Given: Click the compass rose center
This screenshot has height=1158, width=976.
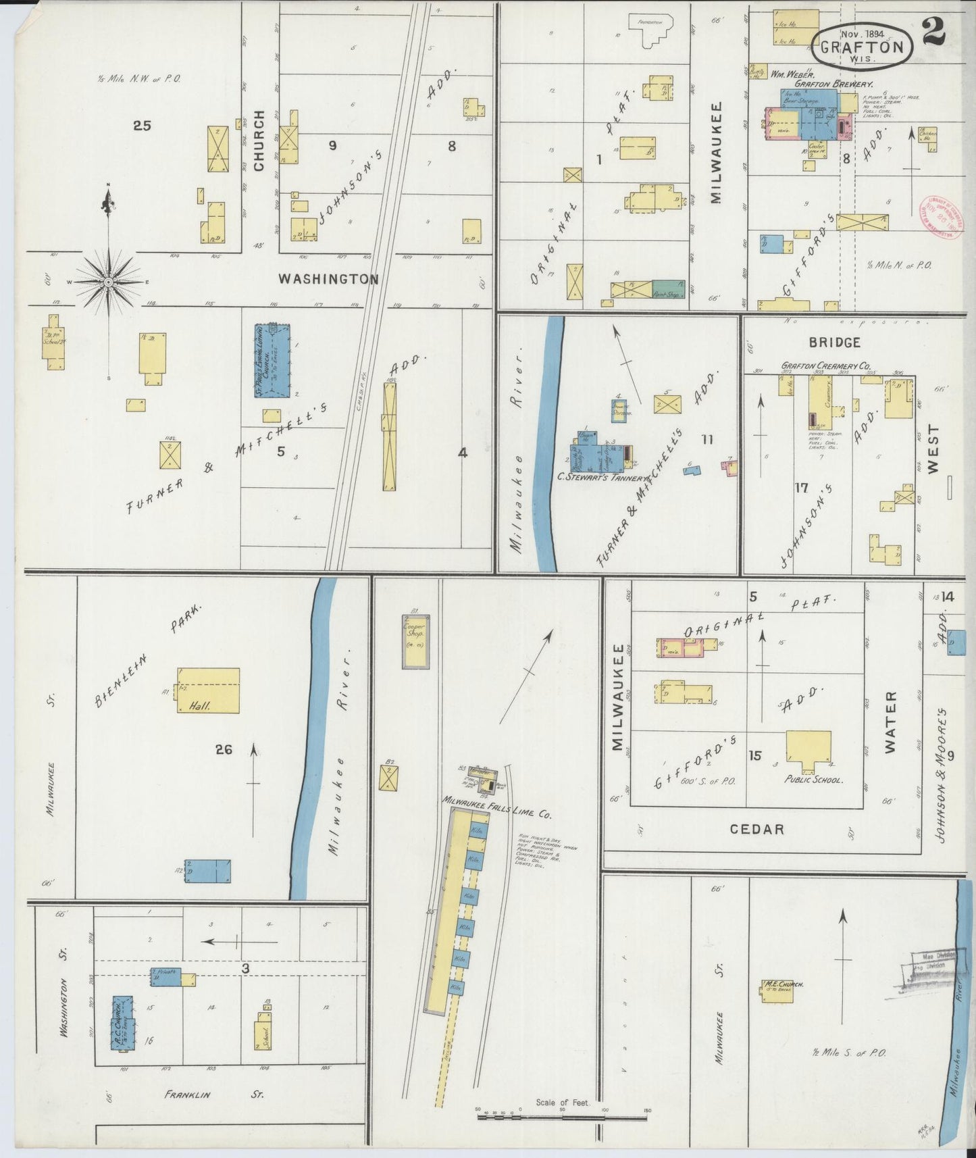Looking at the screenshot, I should [108, 280].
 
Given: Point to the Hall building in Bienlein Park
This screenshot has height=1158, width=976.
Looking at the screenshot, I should [209, 690].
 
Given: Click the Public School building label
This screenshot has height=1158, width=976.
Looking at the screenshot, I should [813, 779].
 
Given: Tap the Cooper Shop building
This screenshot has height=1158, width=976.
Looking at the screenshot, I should [415, 640].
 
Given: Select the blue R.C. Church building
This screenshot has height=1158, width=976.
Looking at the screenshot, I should [124, 1022].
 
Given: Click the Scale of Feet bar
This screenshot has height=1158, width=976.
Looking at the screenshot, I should [562, 1117].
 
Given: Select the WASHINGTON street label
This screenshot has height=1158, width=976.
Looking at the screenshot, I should [328, 278].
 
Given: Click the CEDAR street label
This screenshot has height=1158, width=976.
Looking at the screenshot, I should [757, 829].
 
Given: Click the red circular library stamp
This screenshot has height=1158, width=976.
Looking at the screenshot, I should [943, 218].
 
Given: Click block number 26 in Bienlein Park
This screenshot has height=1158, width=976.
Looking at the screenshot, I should [224, 749].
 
